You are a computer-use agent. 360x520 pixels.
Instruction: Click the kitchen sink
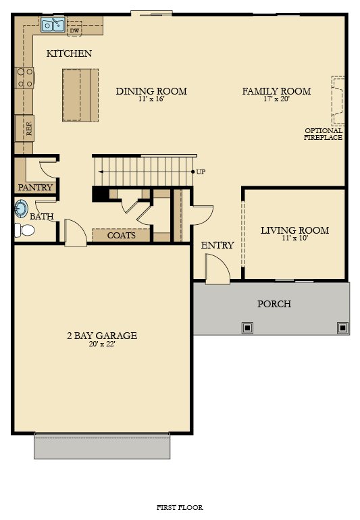53,24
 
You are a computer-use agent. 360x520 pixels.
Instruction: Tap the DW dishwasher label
75,31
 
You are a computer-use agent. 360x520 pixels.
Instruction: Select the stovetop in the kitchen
25,78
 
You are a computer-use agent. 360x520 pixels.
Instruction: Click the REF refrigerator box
24,128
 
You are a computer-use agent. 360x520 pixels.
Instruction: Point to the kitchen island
80,95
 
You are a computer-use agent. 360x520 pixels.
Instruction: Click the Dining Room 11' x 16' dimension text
151,99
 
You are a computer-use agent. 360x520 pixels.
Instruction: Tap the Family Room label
276,91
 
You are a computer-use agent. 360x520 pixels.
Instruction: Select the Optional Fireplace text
323,134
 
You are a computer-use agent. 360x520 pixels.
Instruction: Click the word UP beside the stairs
201,172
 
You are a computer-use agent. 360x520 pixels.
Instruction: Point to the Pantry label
35,187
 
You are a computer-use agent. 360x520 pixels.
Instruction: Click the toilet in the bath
24,230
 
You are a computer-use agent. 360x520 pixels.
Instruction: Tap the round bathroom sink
21,209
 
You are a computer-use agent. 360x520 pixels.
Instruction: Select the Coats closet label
122,236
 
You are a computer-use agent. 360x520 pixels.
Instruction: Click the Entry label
217,245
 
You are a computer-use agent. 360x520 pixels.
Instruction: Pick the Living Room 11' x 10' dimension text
295,238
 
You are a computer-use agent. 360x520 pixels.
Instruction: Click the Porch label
274,304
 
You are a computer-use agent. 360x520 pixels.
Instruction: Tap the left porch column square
247,328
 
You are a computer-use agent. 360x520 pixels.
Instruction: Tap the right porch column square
342,328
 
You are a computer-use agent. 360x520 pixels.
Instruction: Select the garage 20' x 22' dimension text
102,344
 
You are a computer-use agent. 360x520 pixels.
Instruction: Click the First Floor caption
180,507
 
